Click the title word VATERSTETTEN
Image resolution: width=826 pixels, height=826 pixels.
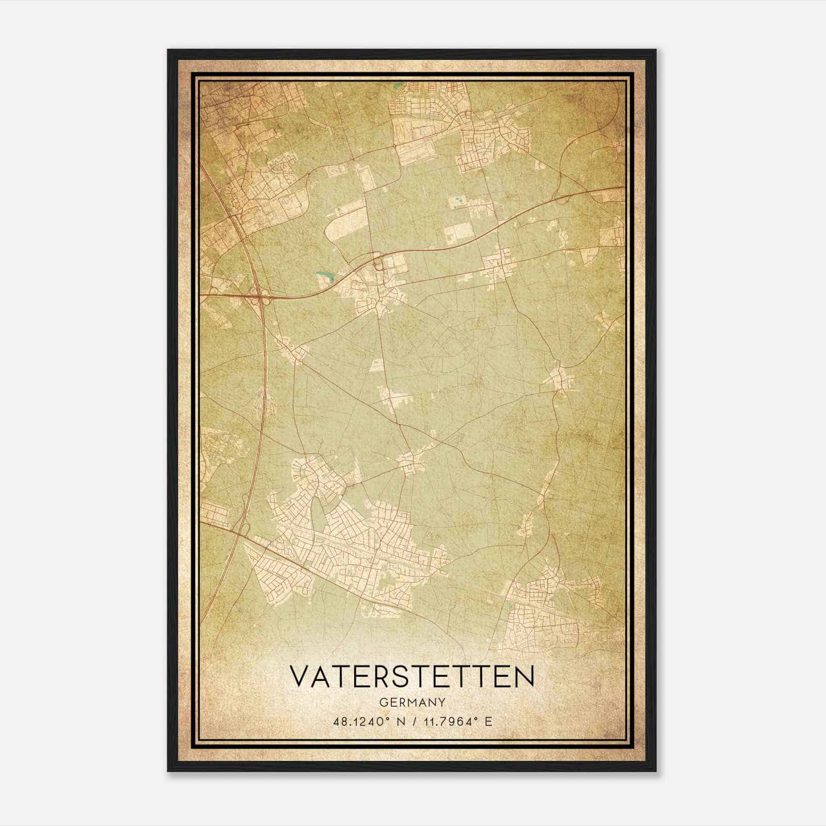point(412,676)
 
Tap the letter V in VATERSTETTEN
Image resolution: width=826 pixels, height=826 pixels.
point(300,676)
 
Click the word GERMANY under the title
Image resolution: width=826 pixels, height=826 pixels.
point(412,702)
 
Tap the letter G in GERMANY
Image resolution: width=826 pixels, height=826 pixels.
point(382,702)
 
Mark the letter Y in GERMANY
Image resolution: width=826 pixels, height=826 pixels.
point(442,702)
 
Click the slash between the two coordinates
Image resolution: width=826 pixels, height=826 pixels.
point(412,721)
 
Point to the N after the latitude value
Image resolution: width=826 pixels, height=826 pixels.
point(397,721)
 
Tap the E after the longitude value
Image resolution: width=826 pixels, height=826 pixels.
point(488,721)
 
